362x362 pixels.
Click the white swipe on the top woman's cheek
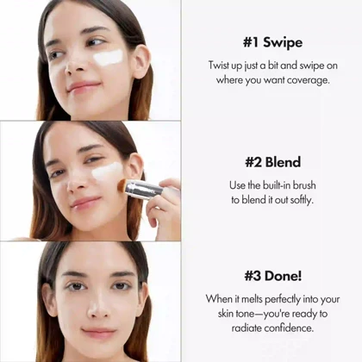pyautogui.click(x=108, y=59)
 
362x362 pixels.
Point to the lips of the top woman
pyautogui.click(x=83, y=87)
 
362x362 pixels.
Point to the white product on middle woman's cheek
pyautogui.click(x=107, y=171)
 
